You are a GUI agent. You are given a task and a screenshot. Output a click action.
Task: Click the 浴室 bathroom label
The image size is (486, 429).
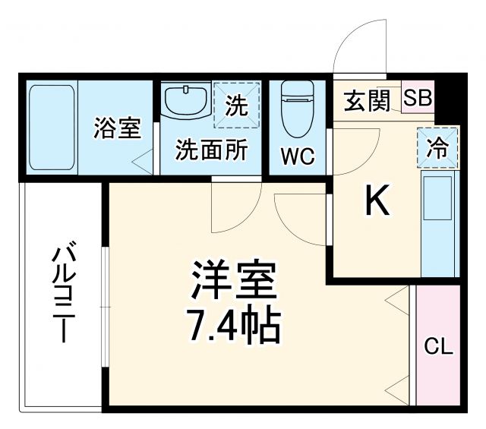[x=117, y=128]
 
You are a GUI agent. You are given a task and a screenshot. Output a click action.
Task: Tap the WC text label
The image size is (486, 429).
[x=298, y=156]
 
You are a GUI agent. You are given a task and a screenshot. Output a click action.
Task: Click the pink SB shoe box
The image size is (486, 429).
[x=418, y=98]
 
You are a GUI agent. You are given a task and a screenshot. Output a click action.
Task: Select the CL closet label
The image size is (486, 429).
[x=438, y=349]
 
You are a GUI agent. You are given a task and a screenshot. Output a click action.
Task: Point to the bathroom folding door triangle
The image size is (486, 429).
[x=141, y=160]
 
